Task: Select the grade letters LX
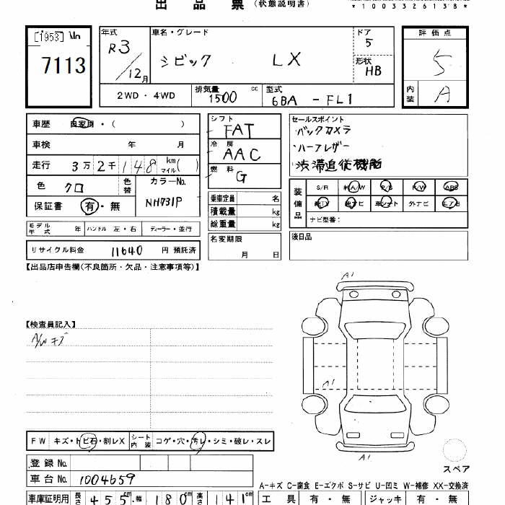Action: pos(286,60)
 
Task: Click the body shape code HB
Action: pos(374,71)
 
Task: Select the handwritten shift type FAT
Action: pos(238,131)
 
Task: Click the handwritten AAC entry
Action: pos(241,154)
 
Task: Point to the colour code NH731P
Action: pos(164,203)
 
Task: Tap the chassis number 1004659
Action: pos(104,478)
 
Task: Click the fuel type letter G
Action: pos(240,177)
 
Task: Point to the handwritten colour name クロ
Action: pos(73,187)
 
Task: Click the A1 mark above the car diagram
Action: pos(349,275)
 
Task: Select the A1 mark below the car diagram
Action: pos(366,457)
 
